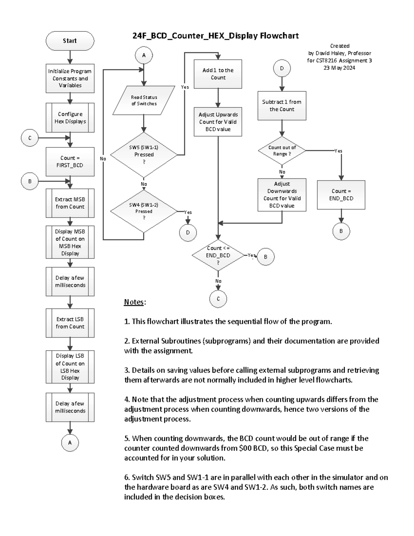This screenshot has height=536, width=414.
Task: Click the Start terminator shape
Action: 70,41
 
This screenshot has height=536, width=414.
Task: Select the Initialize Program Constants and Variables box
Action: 70,78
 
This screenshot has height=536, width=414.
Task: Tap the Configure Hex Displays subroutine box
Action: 70,118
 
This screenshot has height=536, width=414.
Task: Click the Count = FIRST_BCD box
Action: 70,162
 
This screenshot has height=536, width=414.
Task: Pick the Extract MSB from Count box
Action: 70,203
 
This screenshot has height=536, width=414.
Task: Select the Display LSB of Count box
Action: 70,367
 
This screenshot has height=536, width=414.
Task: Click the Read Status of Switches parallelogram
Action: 144,100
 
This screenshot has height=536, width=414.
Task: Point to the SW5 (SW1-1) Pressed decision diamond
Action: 144,155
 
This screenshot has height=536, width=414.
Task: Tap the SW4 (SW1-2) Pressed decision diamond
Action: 144,211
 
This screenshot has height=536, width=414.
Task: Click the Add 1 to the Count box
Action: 218,74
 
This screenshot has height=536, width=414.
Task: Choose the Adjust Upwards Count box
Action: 218,122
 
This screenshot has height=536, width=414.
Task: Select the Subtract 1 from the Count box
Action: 282,106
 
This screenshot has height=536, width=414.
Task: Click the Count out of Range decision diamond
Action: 282,150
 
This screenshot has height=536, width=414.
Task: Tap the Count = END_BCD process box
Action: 341,195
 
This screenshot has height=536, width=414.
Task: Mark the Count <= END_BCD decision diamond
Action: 218,255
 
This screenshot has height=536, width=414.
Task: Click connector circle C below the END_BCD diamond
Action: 218,299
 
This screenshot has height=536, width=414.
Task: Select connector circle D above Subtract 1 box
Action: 282,68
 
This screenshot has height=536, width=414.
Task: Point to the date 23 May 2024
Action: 339,68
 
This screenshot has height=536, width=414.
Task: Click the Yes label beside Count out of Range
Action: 338,151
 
